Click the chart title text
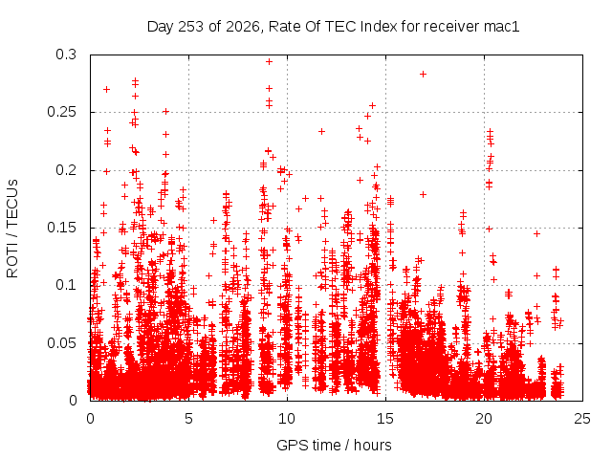(x=333, y=27)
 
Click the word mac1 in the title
(x=501, y=27)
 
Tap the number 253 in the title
(x=191, y=27)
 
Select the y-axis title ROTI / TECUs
(x=12, y=229)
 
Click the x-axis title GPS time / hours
(x=334, y=445)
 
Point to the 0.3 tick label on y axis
(x=66, y=55)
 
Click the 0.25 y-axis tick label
(x=61, y=112)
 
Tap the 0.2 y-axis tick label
(x=66, y=170)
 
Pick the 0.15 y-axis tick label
(x=61, y=228)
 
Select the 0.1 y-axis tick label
(x=66, y=285)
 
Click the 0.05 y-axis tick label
(x=61, y=343)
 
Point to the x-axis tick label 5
(x=189, y=419)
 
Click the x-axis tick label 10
(x=287, y=419)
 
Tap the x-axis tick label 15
(x=385, y=419)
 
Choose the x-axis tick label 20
(x=484, y=419)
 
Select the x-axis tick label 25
(x=582, y=419)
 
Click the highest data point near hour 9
(x=269, y=61)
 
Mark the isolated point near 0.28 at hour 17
(x=423, y=75)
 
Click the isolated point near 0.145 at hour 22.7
(x=537, y=233)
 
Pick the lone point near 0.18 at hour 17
(x=423, y=194)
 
